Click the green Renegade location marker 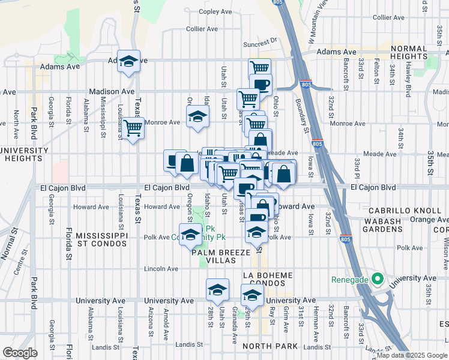pyautogui.click(x=377, y=279)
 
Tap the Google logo pyautogui.click(x=20, y=353)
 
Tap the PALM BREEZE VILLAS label pyautogui.click(x=220, y=257)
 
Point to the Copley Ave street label pyautogui.click(x=215, y=11)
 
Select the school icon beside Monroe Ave pyautogui.click(x=197, y=116)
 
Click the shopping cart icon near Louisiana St pyautogui.click(x=133, y=127)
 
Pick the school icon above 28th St pyautogui.click(x=217, y=290)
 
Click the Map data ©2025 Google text pyautogui.click(x=412, y=355)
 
